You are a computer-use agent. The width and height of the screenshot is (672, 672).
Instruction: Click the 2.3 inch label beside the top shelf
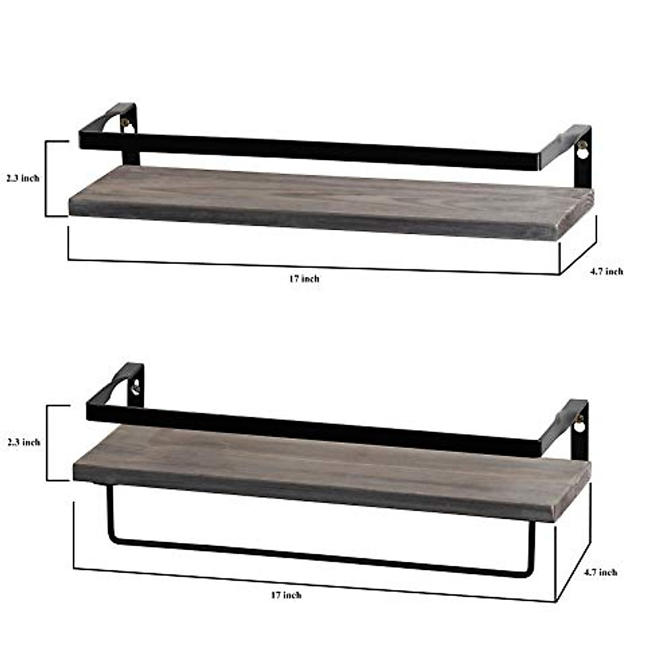click(23, 178)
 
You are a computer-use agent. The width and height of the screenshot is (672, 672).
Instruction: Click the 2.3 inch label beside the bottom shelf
click(24, 442)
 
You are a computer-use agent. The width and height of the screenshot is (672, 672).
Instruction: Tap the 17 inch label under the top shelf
click(304, 278)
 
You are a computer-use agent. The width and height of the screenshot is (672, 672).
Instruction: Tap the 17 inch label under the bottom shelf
click(286, 595)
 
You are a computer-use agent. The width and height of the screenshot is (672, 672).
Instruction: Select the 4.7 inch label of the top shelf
click(606, 271)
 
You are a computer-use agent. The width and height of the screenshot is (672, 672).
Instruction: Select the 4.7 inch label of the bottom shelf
click(600, 572)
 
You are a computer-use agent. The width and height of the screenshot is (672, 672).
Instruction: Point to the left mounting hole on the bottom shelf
click(135, 385)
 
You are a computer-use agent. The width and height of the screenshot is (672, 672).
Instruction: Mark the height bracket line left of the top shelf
click(46, 178)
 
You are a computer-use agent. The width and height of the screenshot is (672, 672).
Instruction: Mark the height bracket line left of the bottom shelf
click(47, 442)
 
